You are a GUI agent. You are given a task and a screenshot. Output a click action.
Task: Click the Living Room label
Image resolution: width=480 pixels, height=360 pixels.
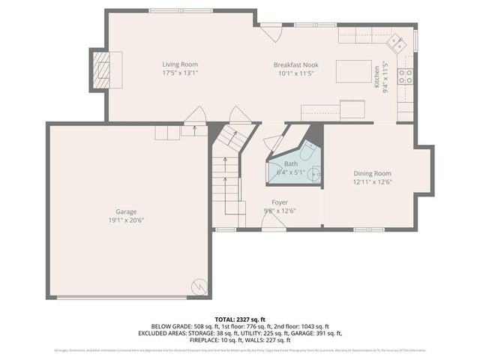point(180,64)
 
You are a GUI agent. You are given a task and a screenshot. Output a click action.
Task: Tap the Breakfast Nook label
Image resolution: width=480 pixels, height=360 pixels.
point(296,65)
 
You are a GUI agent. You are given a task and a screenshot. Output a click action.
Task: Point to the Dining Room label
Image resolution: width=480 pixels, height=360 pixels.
point(372,173)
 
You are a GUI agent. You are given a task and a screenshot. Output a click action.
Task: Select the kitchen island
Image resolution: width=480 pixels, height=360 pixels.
point(353,70)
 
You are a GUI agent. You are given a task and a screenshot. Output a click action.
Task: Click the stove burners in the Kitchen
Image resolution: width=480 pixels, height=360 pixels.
point(405,75)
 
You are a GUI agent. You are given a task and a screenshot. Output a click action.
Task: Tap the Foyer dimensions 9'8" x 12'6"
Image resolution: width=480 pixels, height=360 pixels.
point(280,211)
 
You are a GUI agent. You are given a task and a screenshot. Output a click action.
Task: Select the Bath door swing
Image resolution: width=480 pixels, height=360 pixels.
point(274,143)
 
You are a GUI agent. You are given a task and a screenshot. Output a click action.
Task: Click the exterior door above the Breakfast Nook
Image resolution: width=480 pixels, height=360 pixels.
point(271,32)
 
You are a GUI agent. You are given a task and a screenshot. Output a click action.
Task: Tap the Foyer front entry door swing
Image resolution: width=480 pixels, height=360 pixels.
point(274,223)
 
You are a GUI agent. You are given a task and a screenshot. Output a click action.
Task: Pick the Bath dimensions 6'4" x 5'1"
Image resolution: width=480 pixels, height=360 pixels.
point(291,172)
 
